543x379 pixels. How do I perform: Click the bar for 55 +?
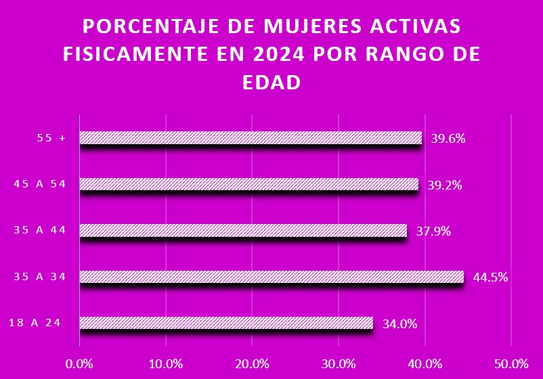tap(251, 138)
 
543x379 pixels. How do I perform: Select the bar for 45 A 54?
tap(248, 184)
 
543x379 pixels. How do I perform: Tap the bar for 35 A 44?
tap(243, 231)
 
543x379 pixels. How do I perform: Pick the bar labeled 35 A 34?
tap(271, 276)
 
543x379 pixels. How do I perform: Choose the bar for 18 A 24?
tap(226, 323)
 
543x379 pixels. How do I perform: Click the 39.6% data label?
tap(449, 139)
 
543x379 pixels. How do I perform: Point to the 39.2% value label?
tap(446, 185)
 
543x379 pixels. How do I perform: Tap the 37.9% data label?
tap(434, 231)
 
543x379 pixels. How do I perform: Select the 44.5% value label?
tap(491, 277)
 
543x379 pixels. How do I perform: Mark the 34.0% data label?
tap(400, 324)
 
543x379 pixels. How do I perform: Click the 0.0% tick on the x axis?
tap(80, 363)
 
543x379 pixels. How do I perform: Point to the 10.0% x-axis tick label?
tap(166, 363)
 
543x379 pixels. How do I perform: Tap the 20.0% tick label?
tap(253, 363)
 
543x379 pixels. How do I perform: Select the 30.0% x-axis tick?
tap(339, 363)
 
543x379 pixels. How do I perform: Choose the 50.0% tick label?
tap(511, 363)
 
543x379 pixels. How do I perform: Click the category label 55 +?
tap(51, 138)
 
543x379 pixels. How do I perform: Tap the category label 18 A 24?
tap(35, 322)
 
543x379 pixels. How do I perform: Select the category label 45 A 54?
tap(40, 184)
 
